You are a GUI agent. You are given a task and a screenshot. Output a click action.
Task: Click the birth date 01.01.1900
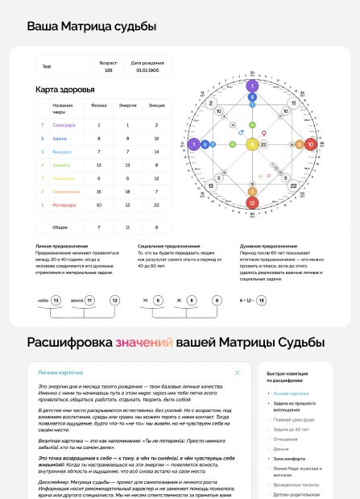click(147, 70)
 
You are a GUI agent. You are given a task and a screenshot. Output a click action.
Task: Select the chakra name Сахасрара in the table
click(64, 125)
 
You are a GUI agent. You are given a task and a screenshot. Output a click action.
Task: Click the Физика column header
click(99, 106)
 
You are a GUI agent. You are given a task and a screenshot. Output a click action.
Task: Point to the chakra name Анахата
click(61, 164)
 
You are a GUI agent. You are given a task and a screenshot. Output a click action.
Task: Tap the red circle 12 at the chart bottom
click(252, 203)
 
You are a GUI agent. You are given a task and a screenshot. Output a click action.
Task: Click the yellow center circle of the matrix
click(252, 144)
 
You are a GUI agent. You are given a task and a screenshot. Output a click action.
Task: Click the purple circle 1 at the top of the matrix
click(252, 85)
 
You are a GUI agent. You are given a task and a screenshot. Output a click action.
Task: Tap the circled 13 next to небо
click(56, 300)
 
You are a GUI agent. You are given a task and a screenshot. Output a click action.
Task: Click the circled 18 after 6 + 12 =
click(261, 300)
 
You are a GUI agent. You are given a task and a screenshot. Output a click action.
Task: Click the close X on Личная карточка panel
click(237, 372)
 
